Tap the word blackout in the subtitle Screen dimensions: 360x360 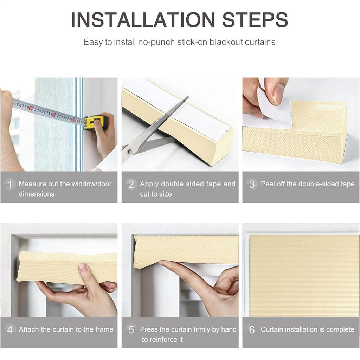coord(226,42)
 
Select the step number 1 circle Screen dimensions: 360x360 coord(10,184)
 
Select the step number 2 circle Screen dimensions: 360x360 coord(131,184)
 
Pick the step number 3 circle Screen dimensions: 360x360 coord(252,184)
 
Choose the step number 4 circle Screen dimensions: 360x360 coord(10,330)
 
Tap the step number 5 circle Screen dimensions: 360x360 coord(131,330)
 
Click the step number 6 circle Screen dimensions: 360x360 coord(252,330)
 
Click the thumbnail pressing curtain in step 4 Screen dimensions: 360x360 coord(83,268)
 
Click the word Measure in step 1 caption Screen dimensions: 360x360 coord(32,184)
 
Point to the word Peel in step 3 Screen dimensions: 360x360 coord(267,184)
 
